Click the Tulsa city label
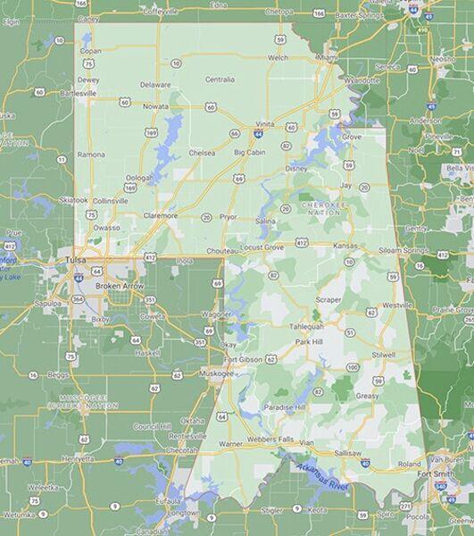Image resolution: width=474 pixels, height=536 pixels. click(76, 260)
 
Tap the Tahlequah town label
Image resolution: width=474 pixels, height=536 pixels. click(305, 326)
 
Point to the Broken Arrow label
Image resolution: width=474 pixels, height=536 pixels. click(119, 285)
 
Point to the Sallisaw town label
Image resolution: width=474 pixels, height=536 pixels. click(348, 453)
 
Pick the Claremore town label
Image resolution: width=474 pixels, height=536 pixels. click(161, 215)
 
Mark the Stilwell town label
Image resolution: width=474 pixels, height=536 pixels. click(383, 355)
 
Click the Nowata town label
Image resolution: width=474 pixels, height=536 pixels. click(155, 106)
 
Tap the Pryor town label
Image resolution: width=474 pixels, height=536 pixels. click(229, 216)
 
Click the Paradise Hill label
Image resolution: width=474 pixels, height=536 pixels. click(285, 406)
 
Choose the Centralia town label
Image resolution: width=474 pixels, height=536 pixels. click(220, 80)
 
